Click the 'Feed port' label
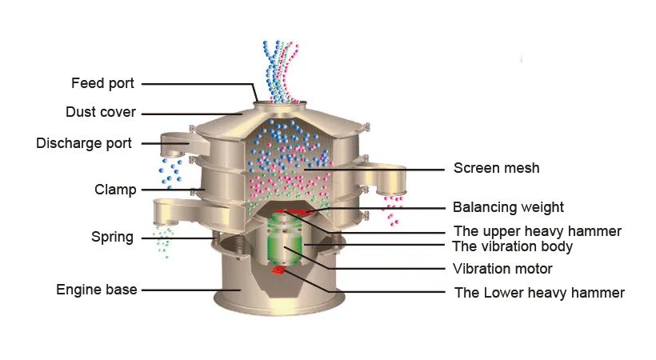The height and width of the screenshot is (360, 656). [x=102, y=83]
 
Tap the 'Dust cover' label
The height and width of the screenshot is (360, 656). [x=100, y=112]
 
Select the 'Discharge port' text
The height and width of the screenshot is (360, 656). [x=84, y=143]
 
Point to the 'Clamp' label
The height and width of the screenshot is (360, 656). [x=115, y=190]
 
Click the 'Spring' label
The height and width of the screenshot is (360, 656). [x=112, y=238]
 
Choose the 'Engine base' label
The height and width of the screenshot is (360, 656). [x=96, y=290]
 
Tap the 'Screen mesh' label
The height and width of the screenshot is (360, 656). [x=496, y=168]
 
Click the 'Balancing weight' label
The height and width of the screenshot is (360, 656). [x=508, y=208]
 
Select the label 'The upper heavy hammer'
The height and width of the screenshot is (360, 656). [x=537, y=231]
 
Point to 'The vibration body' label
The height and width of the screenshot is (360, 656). [x=512, y=246]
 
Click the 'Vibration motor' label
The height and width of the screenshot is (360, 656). [x=502, y=269]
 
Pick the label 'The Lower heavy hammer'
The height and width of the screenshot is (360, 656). [x=539, y=293]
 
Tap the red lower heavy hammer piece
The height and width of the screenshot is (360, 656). [x=278, y=271]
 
